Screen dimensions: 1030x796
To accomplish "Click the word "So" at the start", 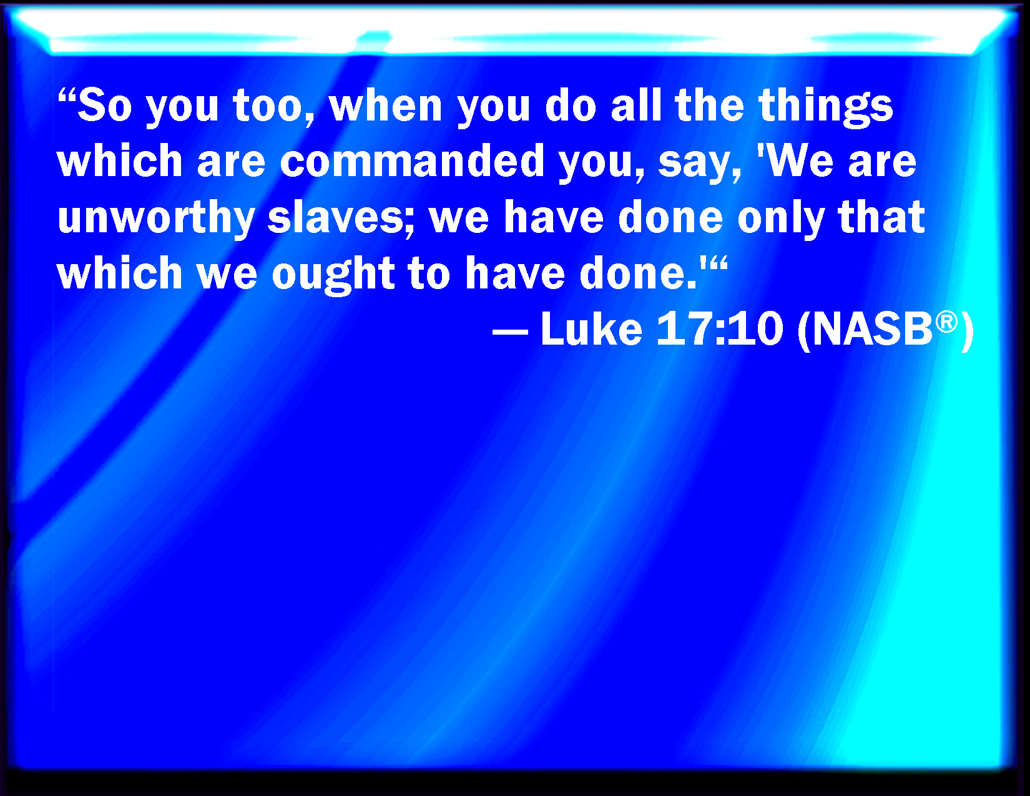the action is [105, 105].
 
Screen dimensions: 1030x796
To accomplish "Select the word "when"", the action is [385, 105].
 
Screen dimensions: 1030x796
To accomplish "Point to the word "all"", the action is [635, 105].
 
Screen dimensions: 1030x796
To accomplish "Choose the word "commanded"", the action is [412, 160].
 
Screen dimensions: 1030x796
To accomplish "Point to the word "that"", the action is [881, 217].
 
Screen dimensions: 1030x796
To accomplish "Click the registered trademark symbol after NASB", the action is [946, 322].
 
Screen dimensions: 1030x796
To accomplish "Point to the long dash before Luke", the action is [510, 331].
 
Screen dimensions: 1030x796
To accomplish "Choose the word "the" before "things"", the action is [710, 105].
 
